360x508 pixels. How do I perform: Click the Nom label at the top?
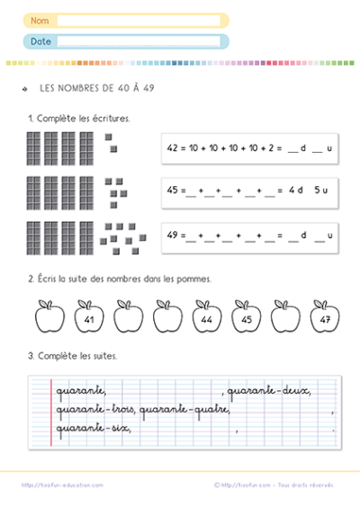click(x=39, y=20)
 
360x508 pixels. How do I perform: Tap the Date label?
click(x=40, y=40)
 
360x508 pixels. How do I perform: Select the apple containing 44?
click(x=207, y=317)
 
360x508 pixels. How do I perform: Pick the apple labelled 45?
click(x=247, y=317)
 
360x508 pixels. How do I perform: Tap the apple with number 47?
click(x=324, y=317)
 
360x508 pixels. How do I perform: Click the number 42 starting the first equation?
click(x=174, y=149)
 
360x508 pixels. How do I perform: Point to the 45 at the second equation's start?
click(x=174, y=191)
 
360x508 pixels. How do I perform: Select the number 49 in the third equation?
click(x=174, y=235)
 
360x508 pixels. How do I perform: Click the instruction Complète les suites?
click(x=76, y=356)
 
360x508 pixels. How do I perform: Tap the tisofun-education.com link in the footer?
click(x=63, y=485)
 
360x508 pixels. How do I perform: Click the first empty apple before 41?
click(x=49, y=317)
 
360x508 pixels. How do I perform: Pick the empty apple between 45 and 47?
click(x=285, y=317)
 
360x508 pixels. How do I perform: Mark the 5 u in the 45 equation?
click(x=321, y=191)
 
